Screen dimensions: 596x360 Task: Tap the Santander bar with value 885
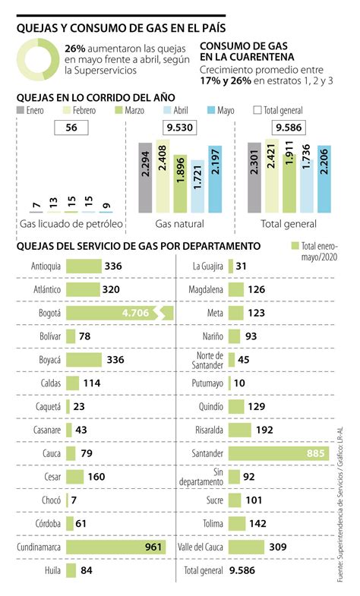[x=278, y=454]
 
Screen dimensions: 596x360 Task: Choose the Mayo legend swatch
[x=210, y=111]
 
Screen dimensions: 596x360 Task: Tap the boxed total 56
[x=72, y=128]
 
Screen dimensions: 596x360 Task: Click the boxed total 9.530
[x=179, y=128]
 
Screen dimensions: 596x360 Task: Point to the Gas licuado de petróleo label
[x=70, y=225]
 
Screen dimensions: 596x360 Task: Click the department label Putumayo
[x=208, y=383]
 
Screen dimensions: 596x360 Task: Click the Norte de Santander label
[x=207, y=359]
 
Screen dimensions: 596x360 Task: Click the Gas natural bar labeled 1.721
[x=197, y=186]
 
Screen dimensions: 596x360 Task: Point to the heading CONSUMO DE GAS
[x=241, y=45]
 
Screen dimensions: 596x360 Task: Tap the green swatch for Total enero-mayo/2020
[x=295, y=247]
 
